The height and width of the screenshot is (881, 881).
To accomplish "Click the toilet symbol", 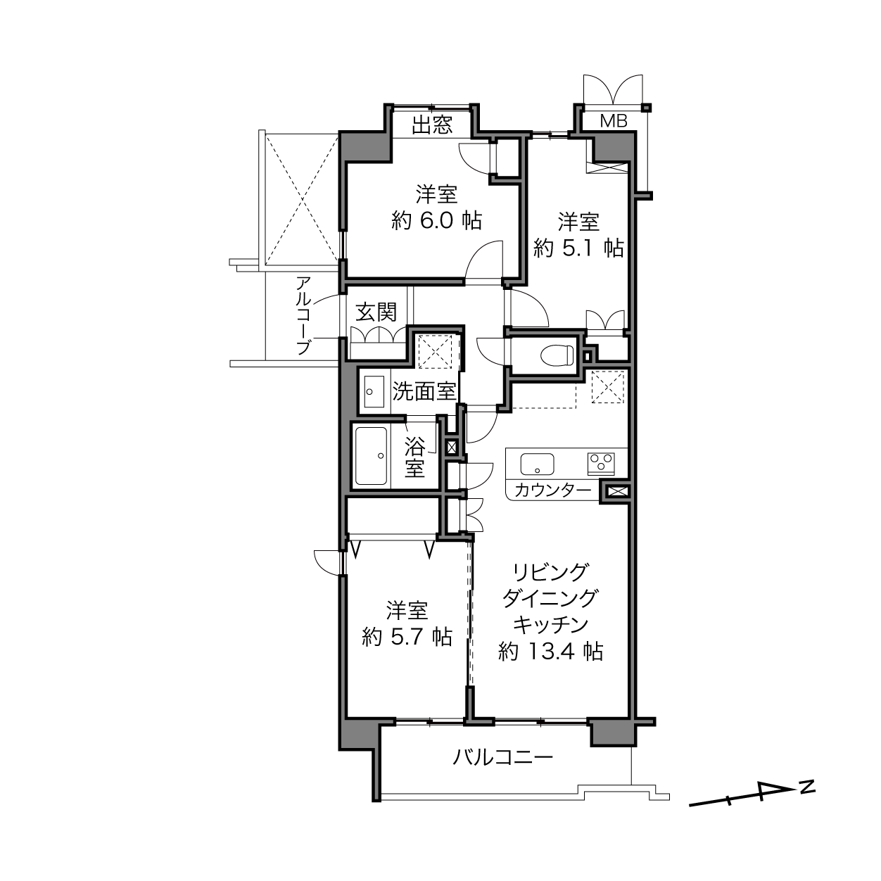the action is point(557,355).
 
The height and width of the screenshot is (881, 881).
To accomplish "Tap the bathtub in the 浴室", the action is point(372,456).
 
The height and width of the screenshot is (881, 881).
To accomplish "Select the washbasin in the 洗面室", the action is point(374,392).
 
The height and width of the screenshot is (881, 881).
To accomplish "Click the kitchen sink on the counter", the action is point(537,464).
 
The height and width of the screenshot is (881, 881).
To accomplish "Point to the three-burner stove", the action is point(601,464).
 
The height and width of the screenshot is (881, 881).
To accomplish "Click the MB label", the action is point(614,121).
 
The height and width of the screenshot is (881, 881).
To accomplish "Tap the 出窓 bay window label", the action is point(432,125).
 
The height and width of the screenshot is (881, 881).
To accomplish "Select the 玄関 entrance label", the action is point(376,312).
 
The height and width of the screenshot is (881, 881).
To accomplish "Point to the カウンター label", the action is point(553,490).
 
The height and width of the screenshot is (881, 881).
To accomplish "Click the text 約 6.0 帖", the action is point(436,222).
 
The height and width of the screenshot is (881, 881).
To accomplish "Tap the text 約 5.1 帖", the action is point(578,248).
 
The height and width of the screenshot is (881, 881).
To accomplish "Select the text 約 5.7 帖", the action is point(407,637).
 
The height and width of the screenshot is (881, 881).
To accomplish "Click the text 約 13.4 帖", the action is point(550,652).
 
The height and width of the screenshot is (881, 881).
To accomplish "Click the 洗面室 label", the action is point(424,392).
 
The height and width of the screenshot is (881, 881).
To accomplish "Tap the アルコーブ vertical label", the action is point(303,315).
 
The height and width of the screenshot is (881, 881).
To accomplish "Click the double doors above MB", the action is point(613,89).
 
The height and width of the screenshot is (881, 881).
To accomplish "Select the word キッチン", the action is point(550,625).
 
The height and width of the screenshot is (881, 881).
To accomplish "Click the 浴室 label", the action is point(414,457).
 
